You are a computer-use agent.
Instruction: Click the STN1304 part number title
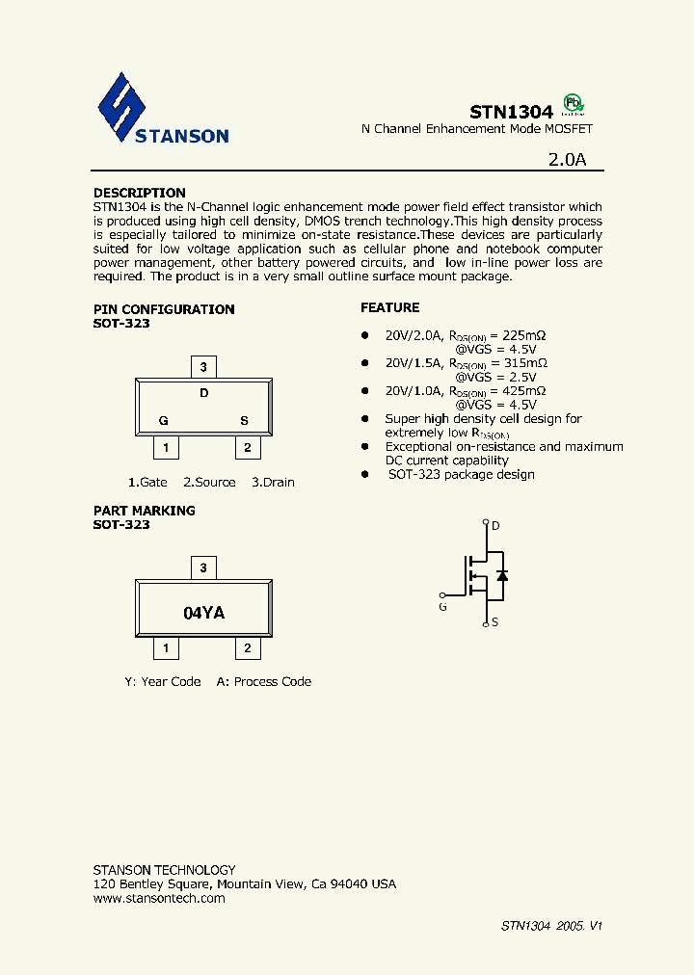511,112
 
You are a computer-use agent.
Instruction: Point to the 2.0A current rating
566,160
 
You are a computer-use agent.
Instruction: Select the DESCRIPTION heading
139,193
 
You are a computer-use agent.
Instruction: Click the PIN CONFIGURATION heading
163,309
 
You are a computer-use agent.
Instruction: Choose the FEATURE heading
389,307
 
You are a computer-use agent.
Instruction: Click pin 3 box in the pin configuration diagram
202,366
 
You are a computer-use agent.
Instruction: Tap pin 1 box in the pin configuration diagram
166,448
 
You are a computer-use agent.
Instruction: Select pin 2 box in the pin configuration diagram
247,448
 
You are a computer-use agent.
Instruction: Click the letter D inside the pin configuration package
203,393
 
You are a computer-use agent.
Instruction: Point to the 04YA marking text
203,613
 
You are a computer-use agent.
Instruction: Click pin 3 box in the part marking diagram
202,568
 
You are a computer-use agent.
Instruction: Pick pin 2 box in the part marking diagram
247,648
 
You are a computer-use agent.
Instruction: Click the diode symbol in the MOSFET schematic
501,575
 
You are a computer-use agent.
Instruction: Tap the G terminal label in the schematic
442,607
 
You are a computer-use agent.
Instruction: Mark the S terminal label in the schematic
494,622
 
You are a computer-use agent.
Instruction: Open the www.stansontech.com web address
159,898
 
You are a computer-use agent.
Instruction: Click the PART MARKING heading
144,511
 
